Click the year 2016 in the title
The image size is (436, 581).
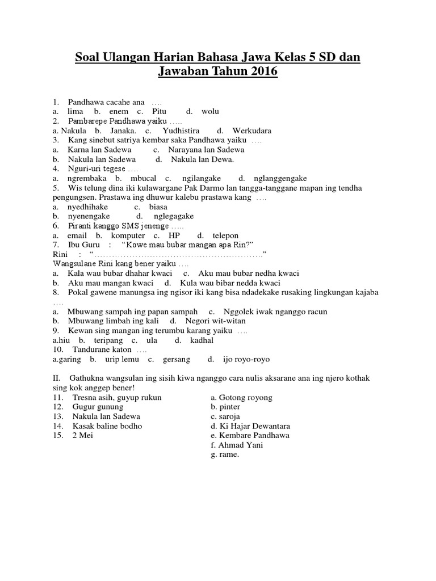(x=261, y=73)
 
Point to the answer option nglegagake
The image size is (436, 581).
(x=173, y=216)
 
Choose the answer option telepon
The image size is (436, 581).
(x=225, y=235)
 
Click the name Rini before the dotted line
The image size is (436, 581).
(x=61, y=254)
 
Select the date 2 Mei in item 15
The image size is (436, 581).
(x=83, y=435)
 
